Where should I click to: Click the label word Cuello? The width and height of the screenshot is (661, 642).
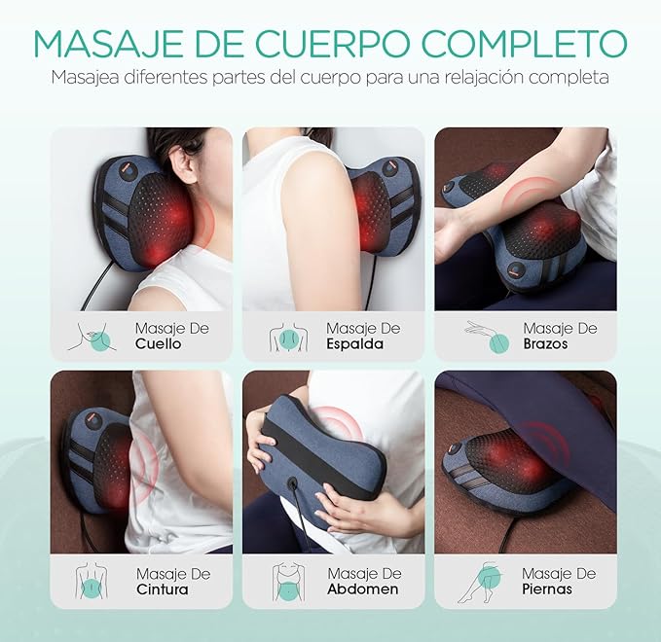pos(159,343)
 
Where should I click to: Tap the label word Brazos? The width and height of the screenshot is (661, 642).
pos(548,343)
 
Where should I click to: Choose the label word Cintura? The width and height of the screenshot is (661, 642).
pos(163,589)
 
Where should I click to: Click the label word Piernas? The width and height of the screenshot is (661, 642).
pos(547,589)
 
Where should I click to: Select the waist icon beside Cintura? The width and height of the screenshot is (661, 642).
pos(92,582)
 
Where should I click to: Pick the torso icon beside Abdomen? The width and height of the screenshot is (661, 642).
pos(287,582)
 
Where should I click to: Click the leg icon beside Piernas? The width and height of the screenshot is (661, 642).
pos(483,582)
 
